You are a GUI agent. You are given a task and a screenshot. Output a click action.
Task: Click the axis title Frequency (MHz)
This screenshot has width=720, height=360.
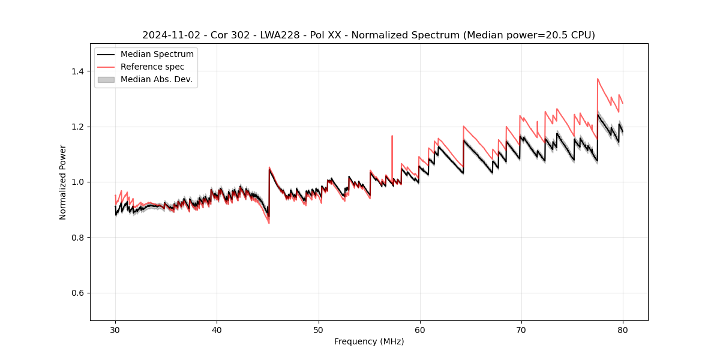click(369, 341)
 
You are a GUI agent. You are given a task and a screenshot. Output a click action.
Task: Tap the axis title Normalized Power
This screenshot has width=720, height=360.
click(63, 182)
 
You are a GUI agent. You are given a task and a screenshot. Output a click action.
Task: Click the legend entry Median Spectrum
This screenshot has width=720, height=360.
click(157, 54)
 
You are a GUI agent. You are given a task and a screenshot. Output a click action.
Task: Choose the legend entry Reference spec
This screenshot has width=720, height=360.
click(152, 67)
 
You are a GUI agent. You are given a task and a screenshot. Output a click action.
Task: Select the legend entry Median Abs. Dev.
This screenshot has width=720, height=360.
click(156, 79)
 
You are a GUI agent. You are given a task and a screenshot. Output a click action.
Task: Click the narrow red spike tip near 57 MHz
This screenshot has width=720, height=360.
click(392, 136)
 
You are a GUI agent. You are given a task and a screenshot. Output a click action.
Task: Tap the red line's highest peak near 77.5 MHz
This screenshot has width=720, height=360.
click(598, 79)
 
